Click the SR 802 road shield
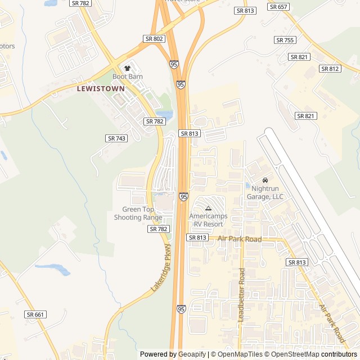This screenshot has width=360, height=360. (x=154, y=39)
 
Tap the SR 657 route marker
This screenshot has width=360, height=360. (x=278, y=7)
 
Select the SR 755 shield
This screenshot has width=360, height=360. (x=285, y=40)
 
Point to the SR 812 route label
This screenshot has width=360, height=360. (x=330, y=69)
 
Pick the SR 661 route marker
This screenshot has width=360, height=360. (x=36, y=314)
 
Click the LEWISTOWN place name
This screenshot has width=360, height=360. (x=101, y=88)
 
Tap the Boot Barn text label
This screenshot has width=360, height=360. (x=128, y=76)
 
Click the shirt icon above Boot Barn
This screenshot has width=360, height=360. (x=127, y=68)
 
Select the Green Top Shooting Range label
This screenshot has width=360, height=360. (x=138, y=213)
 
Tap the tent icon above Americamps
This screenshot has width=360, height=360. (x=208, y=208)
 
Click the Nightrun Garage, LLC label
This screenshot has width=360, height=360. (x=265, y=192)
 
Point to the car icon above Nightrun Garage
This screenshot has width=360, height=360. (x=265, y=180)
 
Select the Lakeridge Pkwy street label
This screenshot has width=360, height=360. (x=161, y=268)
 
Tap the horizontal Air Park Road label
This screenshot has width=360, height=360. (x=240, y=239)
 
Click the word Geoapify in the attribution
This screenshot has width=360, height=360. (x=192, y=354)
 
